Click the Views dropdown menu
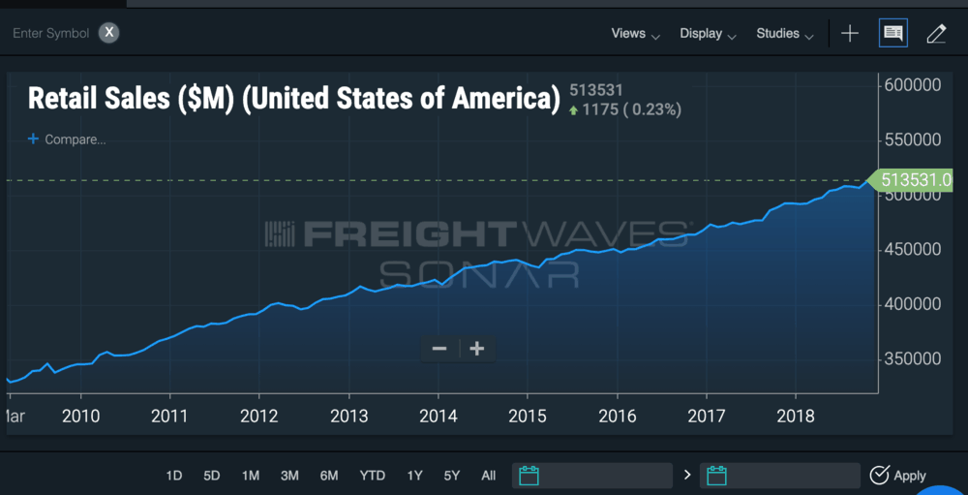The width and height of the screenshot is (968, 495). click(x=635, y=34)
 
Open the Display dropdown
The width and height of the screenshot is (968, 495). click(x=708, y=34)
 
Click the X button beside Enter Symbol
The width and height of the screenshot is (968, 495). click(x=110, y=33)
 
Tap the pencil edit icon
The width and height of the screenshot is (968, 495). click(x=936, y=34)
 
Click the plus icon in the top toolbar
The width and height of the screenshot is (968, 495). click(x=850, y=34)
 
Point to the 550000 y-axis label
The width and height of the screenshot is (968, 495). click(x=914, y=139)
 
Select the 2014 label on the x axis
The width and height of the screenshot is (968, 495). click(x=438, y=417)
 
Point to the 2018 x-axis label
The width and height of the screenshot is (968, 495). click(x=796, y=417)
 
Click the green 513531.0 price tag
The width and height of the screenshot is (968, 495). click(x=916, y=180)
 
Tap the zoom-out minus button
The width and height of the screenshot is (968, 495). click(x=439, y=349)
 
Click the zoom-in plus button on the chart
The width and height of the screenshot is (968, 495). click(x=476, y=349)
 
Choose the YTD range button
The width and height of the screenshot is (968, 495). click(x=372, y=476)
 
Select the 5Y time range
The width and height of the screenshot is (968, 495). click(x=452, y=476)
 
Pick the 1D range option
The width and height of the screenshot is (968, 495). click(x=174, y=476)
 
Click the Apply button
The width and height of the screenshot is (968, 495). click(x=898, y=476)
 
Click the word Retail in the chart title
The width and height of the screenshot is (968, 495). click(x=65, y=99)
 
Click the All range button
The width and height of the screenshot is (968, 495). click(x=489, y=476)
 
